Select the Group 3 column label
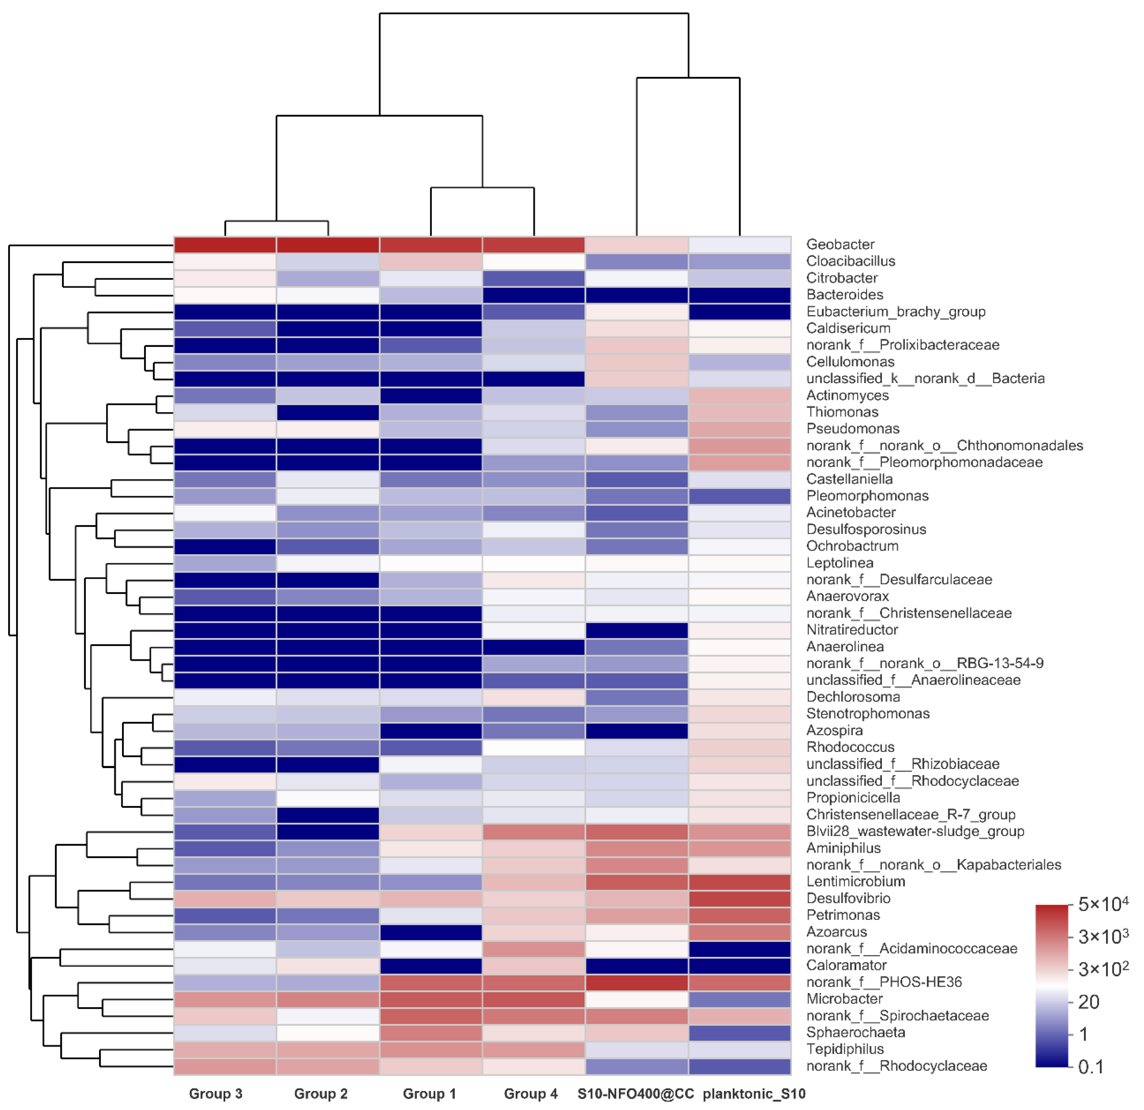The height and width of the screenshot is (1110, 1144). tap(216, 1093)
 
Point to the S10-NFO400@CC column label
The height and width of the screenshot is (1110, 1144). tap(636, 1093)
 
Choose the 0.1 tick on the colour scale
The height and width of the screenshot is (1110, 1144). tap(1090, 1067)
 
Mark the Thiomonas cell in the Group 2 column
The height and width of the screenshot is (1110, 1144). tap(328, 412)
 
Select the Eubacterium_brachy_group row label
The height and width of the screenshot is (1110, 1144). tap(895, 312)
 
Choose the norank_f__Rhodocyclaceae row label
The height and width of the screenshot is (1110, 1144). tap(896, 1066)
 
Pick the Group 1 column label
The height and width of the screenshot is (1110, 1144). tap(429, 1093)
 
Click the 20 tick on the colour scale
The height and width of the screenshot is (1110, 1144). tap(1089, 1002)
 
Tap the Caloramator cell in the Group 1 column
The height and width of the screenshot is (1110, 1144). tap(431, 966)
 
